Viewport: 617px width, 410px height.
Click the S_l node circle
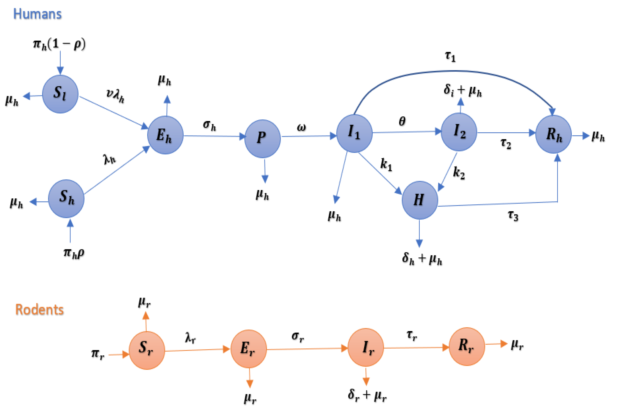pos(60,94)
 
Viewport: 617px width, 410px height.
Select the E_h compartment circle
pos(165,135)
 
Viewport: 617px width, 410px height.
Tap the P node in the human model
pos(262,139)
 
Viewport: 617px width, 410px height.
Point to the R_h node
pos(553,134)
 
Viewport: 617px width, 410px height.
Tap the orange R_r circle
pos(466,346)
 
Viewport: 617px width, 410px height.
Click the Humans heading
pos(37,14)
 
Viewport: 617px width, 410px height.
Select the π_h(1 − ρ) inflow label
pos(59,44)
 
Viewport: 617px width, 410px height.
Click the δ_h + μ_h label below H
pos(422,259)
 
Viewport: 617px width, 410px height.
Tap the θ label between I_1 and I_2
pos(402,121)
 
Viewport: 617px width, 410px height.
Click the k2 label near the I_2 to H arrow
pos(459,173)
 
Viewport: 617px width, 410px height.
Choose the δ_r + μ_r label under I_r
pos(367,395)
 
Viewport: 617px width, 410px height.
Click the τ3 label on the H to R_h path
pos(513,216)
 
